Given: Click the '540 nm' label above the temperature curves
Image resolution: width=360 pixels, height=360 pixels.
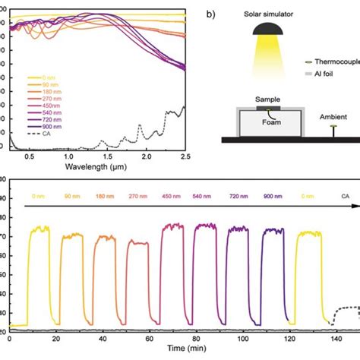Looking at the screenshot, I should (x=204, y=195).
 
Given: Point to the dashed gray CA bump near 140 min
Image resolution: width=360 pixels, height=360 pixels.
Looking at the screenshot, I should (x=346, y=308).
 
